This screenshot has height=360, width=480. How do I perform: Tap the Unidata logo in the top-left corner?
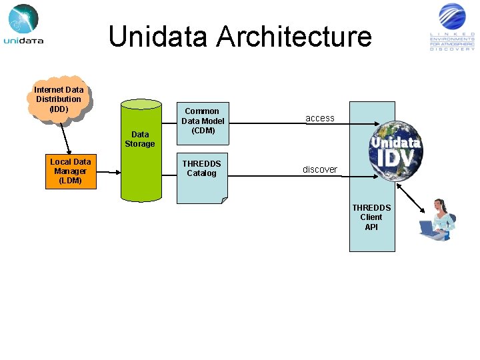tap(23, 25)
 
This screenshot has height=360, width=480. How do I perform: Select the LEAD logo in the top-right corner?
tap(452, 27)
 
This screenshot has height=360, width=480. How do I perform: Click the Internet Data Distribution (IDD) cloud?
tap(59, 99)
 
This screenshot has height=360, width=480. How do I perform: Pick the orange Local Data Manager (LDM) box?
tap(71, 171)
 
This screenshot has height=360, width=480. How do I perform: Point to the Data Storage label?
tap(140, 139)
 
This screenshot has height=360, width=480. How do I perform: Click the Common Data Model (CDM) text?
tap(203, 121)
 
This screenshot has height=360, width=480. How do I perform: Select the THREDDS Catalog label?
tap(201, 169)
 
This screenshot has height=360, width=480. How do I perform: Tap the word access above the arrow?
tap(319, 118)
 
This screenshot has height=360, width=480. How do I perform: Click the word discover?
tap(319, 169)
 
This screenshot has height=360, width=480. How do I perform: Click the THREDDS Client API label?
tap(371, 217)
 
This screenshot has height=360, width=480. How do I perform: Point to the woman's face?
tap(440, 207)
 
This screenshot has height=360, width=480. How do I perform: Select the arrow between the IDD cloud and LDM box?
tap(65, 138)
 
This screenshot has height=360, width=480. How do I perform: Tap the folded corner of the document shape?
tap(224, 200)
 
